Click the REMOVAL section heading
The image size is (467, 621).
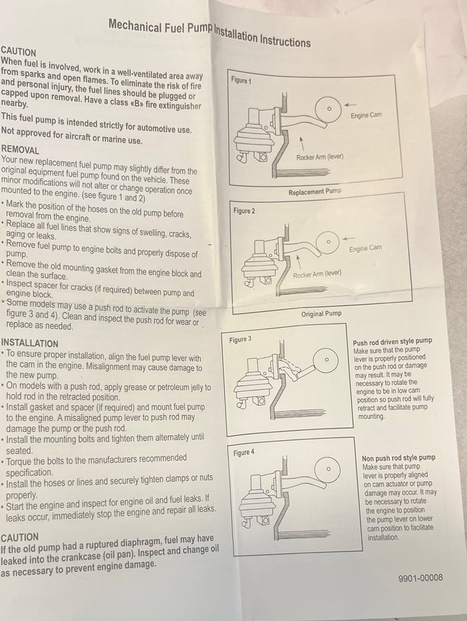20,150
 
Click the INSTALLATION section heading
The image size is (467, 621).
30,343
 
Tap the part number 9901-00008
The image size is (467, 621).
420,578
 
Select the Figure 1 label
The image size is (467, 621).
241,81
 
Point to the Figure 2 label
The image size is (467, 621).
244,210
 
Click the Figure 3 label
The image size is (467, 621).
240,339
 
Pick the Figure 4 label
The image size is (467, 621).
244,452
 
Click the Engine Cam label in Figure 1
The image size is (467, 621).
366,115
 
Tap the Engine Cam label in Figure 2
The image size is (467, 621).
365,248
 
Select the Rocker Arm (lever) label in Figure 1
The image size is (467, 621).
319,157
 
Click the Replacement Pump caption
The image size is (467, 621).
315,192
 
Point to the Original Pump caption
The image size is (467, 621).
321,314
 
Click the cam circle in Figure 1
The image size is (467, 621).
328,108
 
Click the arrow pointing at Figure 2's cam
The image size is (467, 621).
348,239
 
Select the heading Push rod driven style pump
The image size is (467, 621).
393,341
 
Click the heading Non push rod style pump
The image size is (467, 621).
399,458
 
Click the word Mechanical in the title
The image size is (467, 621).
135,26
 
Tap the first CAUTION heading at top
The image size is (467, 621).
18,52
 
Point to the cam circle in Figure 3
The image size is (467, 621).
326,360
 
